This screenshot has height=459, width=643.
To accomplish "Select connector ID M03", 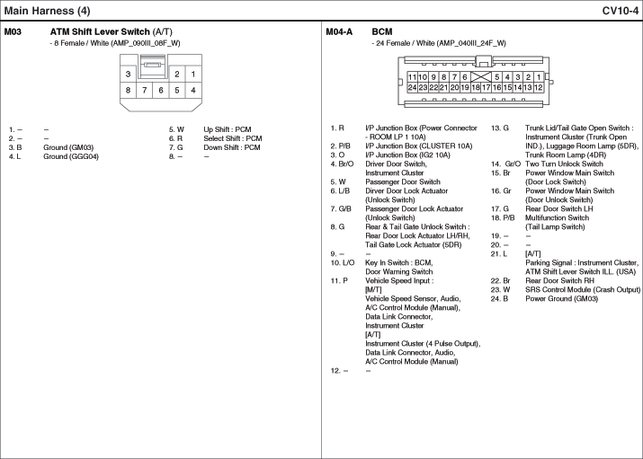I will point(13,31).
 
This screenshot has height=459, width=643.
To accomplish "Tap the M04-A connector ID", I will point(339,31).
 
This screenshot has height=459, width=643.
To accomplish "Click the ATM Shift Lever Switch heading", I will point(112,31).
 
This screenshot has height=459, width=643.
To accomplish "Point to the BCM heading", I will point(382,31).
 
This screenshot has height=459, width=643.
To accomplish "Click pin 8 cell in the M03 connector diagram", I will point(129,90).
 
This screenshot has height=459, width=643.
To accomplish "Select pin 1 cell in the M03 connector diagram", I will point(193,74).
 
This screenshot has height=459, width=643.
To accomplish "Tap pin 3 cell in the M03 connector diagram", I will point(129,74).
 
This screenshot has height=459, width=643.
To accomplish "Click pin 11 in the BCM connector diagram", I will point(412,77).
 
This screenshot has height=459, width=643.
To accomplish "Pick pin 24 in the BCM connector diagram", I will point(412,88).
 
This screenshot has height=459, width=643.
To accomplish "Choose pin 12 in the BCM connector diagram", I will point(538,88).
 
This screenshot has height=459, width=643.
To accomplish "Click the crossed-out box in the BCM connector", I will point(475,77).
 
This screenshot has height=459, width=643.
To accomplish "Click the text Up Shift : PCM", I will point(232,130).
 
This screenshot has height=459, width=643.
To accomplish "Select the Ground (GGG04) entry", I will point(71,157).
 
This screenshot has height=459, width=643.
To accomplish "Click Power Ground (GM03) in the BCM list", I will point(561,299).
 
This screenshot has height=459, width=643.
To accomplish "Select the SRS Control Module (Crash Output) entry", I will point(583,290).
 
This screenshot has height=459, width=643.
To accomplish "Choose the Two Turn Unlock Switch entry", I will point(565,163).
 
